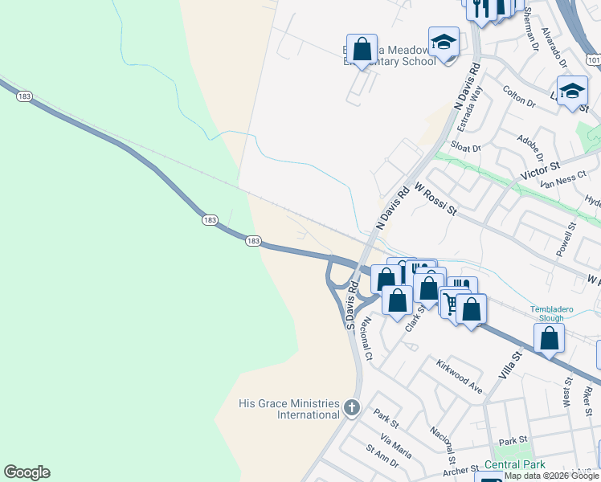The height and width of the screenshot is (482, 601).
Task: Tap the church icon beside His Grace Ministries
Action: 351,408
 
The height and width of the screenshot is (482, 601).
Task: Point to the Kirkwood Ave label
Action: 459,376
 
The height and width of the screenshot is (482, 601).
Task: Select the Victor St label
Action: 539,172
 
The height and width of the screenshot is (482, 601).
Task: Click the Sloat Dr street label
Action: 465,148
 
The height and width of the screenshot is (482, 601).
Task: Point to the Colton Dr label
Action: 518,96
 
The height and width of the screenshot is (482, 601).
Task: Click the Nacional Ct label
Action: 368,338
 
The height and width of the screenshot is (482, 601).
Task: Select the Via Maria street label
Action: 396,448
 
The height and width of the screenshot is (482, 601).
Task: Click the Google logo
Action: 27,472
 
